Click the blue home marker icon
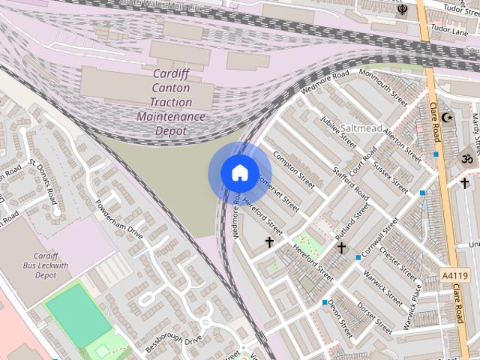(239, 173)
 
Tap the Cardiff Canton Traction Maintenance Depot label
(170, 102)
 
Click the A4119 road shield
(453, 276)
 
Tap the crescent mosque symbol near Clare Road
(448, 118)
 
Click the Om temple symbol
(463, 160)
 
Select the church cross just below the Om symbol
(464, 182)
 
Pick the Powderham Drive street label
(118, 217)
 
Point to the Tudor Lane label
(449, 31)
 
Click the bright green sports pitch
(78, 316)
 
